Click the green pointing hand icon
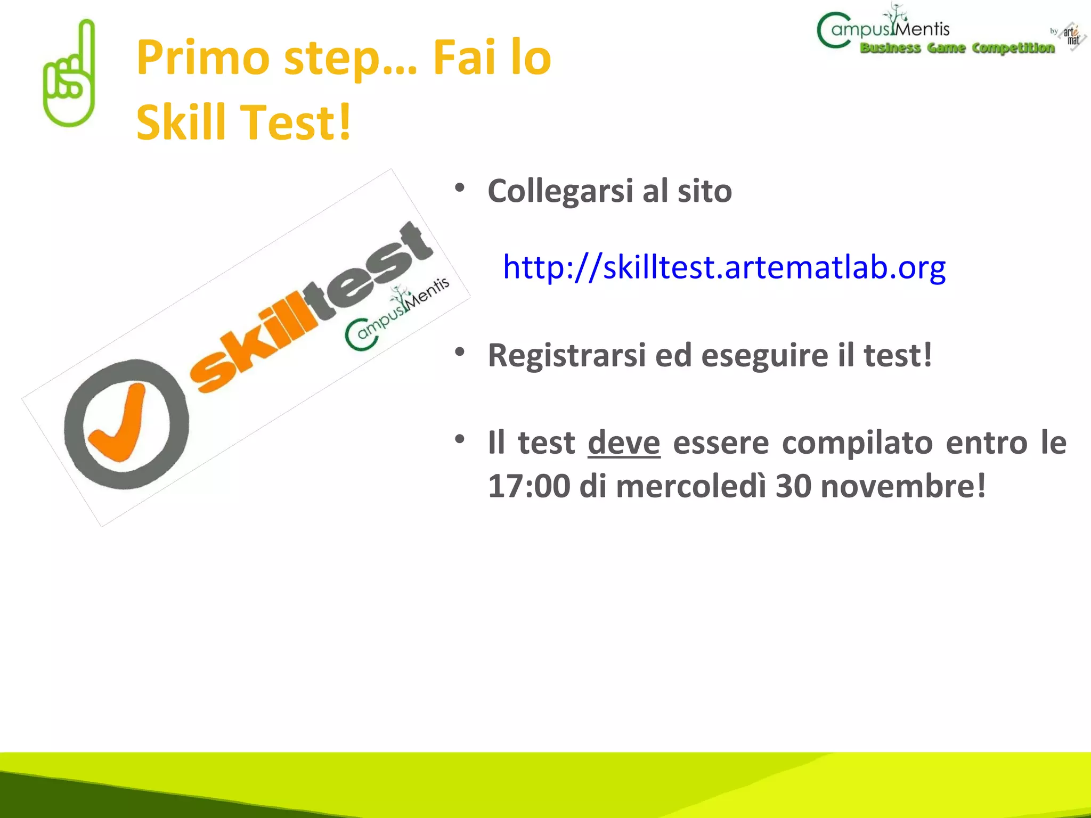(x=69, y=75)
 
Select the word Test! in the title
(x=298, y=122)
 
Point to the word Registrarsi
(x=567, y=355)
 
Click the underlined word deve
(x=624, y=443)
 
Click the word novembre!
(x=903, y=486)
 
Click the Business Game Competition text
(x=957, y=48)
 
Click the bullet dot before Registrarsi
(x=460, y=352)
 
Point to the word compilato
(x=857, y=443)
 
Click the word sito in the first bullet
(x=704, y=191)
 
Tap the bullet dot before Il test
(x=460, y=439)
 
